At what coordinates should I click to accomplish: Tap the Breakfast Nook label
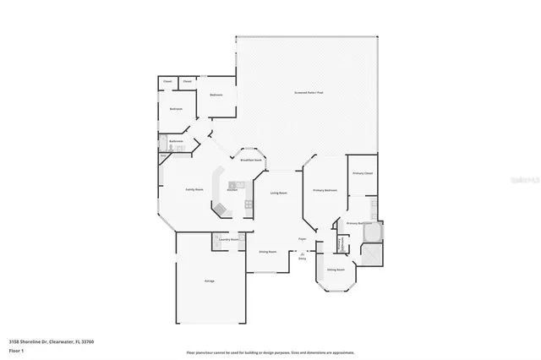[x=250, y=159]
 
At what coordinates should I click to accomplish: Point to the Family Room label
[x=194, y=190]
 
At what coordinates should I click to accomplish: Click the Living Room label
[x=280, y=194]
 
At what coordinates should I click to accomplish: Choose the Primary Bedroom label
[x=325, y=190]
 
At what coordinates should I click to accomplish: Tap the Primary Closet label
[x=363, y=173]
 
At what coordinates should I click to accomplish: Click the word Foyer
[x=302, y=239]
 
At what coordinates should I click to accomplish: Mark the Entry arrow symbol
[x=302, y=253]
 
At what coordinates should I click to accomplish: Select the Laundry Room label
[x=229, y=239]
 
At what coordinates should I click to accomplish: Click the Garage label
[x=208, y=281]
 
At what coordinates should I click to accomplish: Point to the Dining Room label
[x=268, y=252]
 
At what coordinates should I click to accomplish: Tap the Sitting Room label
[x=336, y=270]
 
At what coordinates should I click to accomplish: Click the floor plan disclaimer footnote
[x=270, y=352]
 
